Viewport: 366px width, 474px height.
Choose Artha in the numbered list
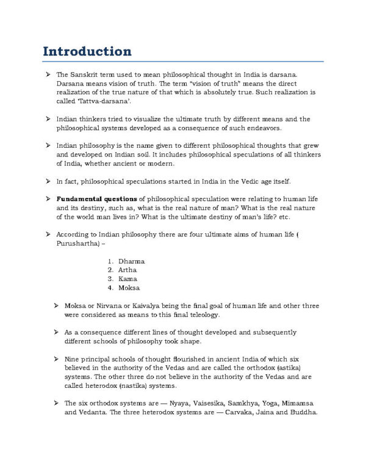coord(127,269)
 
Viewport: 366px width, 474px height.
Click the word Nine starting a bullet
coord(72,360)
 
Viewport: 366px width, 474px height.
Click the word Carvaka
coord(241,413)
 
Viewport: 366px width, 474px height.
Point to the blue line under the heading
coord(183,61)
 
